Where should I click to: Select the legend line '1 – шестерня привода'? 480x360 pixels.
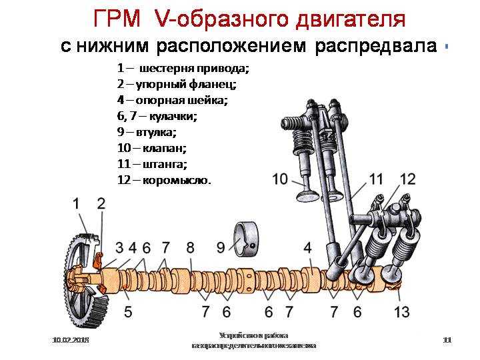coord(183,69)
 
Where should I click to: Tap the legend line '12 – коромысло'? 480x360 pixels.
coord(163,180)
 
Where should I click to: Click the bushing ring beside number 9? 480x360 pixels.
coord(249,239)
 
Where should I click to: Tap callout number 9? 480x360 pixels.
coord(221,248)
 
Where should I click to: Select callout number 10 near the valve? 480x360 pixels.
coord(281,179)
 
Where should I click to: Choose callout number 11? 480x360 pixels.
coord(377,179)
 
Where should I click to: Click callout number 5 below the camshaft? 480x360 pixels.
coord(127,311)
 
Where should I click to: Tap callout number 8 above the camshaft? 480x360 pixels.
coord(191,248)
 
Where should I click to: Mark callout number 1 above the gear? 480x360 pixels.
coord(77,203)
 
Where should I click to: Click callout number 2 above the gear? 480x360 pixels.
coord(101,203)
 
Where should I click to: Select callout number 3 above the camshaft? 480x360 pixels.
coord(119,248)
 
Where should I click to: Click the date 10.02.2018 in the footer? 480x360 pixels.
coord(71,341)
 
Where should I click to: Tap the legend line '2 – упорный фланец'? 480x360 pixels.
coord(176,85)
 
